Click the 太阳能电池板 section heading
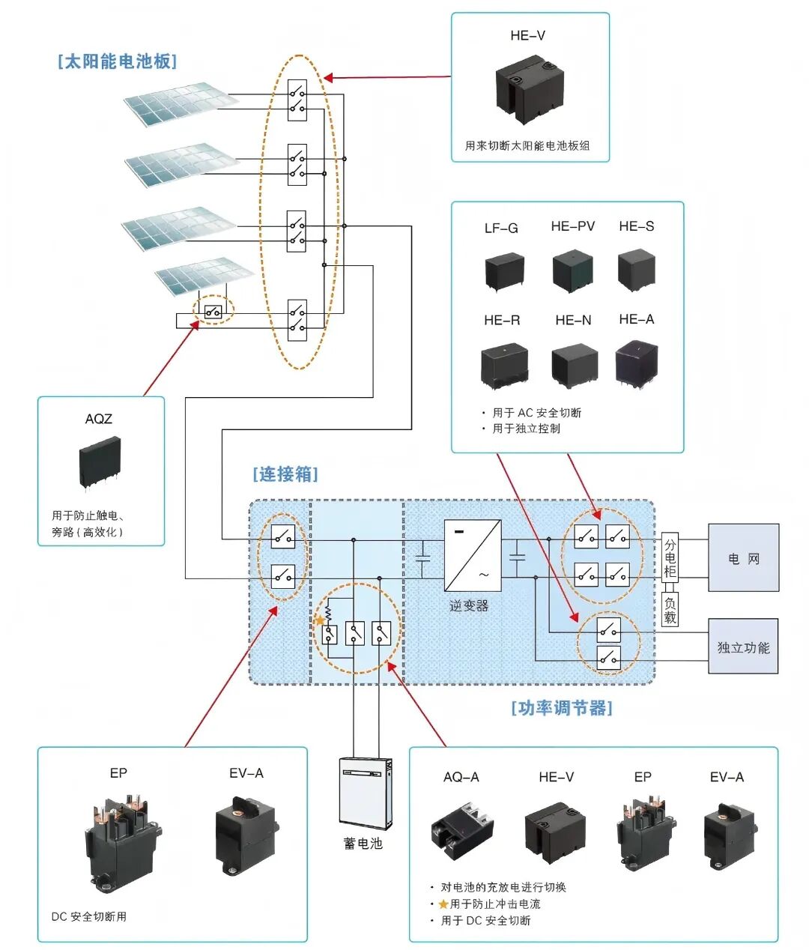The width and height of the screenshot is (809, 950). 117,61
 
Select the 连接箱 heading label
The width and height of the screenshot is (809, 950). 285,474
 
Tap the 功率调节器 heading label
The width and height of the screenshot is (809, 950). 562,708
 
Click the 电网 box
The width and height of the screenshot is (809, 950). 743,558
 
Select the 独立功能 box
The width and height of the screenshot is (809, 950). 743,647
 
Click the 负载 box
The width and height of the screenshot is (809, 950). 670,609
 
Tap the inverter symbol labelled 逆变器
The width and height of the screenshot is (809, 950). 473,556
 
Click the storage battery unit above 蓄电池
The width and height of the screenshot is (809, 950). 365,793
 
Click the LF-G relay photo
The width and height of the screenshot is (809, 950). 503,270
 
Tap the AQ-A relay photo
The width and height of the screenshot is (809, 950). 461,829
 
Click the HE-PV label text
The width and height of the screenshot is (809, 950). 572,226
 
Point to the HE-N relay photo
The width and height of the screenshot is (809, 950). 574,366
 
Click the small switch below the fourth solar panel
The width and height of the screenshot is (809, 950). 213,311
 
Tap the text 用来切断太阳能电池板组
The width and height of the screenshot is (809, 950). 527,145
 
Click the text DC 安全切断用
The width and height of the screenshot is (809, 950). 89,916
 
